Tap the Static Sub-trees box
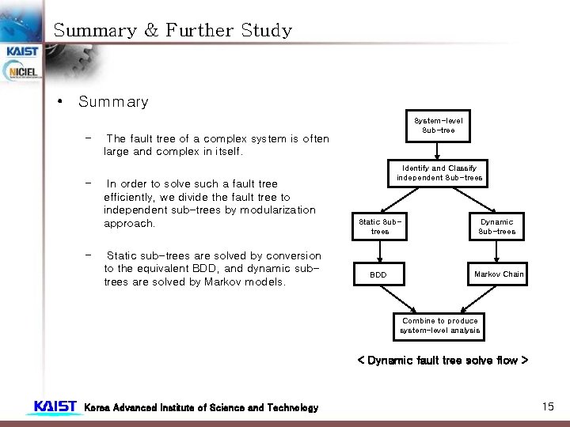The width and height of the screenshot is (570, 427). coord(380,227)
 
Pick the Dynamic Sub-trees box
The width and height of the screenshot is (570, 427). coord(496,227)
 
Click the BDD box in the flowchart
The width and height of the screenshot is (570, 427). coord(380,274)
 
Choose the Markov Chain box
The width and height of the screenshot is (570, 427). coord(498,274)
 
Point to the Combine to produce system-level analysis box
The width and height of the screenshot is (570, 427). coord(439,326)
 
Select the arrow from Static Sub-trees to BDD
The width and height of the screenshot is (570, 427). coord(380,251)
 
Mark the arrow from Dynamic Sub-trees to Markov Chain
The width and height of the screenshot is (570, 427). coord(496,251)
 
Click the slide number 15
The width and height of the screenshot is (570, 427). coord(548,406)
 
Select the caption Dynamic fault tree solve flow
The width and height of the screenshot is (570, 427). coord(443,361)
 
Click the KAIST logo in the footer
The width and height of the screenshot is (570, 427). coord(55,406)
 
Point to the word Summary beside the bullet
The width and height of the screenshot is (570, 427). coord(113,102)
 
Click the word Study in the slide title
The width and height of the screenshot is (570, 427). coord(266,31)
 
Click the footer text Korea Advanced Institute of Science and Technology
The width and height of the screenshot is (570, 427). coord(201,408)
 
